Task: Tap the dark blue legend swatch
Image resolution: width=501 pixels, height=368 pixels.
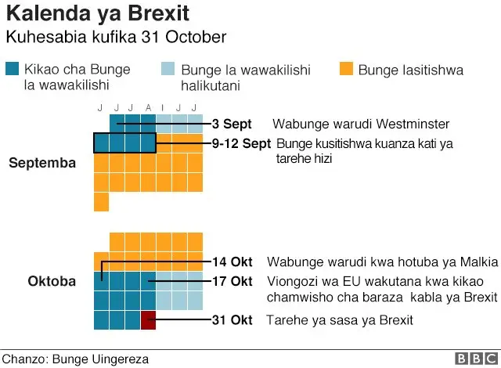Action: [13, 70]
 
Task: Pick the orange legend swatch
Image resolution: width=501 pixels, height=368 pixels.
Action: [346, 70]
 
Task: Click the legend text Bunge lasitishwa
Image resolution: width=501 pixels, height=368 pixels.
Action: [410, 70]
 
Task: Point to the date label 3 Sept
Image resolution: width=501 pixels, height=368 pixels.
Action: [232, 124]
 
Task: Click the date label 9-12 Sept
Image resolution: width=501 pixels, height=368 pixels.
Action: [241, 144]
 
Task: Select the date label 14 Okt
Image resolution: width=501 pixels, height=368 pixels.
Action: [232, 262]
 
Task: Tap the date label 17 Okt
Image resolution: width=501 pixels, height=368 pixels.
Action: [232, 281]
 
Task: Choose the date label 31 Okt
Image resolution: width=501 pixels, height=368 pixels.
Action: [232, 320]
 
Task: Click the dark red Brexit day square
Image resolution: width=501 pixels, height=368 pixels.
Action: [148, 319]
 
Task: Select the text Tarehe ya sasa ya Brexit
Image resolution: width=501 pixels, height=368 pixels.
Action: [339, 320]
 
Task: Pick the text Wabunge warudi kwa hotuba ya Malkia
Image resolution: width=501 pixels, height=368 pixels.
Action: [382, 262]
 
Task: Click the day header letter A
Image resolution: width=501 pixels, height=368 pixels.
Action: [147, 107]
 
